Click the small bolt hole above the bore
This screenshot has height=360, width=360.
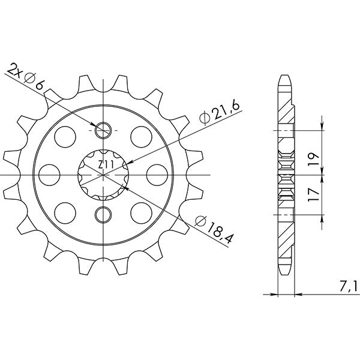(x=103, y=128)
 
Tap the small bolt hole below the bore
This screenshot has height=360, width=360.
(x=103, y=214)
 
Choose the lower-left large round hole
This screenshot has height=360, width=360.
(x=64, y=211)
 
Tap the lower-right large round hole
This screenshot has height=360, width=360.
(x=142, y=211)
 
